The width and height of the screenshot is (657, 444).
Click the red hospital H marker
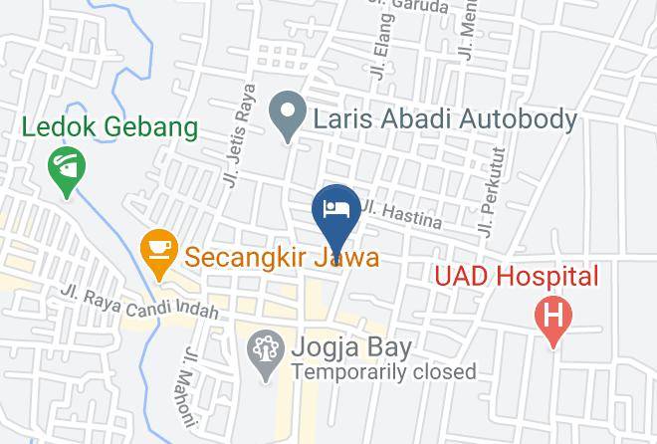click(554, 318)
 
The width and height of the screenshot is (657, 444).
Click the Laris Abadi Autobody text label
click(445, 120)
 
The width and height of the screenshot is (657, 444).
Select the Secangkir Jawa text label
click(281, 258)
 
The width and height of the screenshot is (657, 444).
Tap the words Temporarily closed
click(383, 372)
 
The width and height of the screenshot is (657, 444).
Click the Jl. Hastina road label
click(401, 214)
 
